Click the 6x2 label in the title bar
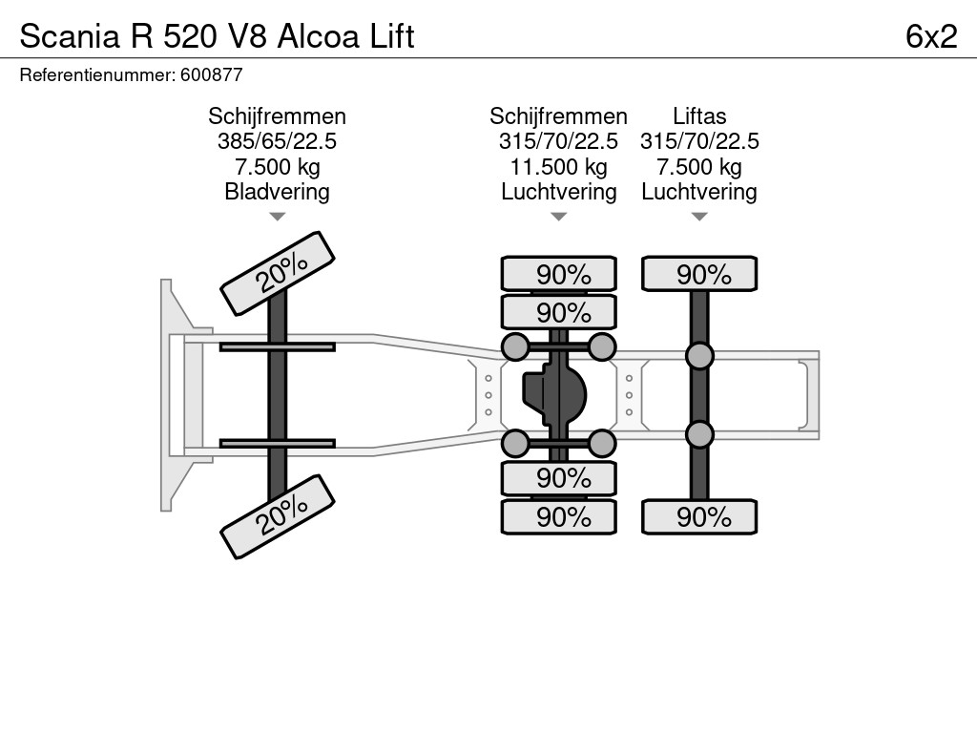931,36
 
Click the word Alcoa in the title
322,36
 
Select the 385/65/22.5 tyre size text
277,141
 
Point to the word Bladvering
277,191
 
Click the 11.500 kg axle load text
558,166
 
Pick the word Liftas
698,116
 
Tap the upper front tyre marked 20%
278,273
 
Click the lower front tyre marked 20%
278,516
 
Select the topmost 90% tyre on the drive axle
559,275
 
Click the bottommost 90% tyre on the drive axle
559,517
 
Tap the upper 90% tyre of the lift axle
699,275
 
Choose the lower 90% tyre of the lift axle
699,517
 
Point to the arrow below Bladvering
277,217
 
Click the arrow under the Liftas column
698,217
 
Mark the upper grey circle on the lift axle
699,356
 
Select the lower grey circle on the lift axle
699,434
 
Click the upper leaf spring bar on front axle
277,346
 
